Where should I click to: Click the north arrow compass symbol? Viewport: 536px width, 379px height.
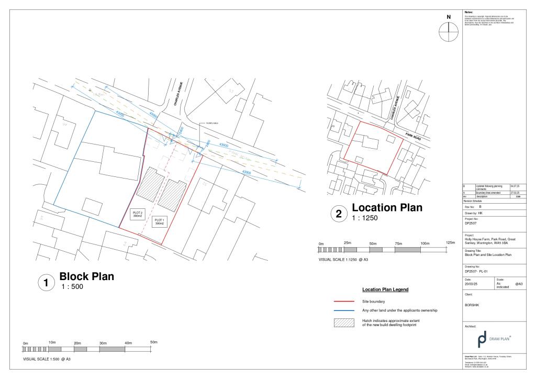[x=448, y=32]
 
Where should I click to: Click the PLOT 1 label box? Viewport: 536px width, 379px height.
[x=159, y=221]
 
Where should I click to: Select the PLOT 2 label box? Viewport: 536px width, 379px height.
[x=137, y=214]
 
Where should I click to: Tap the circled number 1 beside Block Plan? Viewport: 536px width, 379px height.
[x=46, y=283]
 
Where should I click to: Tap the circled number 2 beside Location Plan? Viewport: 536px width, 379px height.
[x=338, y=214]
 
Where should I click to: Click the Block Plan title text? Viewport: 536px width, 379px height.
[x=86, y=276]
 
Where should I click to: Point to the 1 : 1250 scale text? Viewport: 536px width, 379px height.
[x=364, y=218]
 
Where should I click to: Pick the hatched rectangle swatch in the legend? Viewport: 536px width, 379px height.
[x=344, y=322]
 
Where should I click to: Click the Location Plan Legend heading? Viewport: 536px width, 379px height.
[x=385, y=289]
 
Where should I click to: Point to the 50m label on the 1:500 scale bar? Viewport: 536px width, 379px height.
[x=153, y=342]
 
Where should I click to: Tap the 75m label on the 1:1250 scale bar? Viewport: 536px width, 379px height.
[x=399, y=244]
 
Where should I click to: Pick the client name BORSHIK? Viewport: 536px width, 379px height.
[x=472, y=304]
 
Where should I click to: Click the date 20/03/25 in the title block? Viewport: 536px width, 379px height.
[x=472, y=284]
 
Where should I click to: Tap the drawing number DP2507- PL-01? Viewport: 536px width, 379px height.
[x=476, y=272]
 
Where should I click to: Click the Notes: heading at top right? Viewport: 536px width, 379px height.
[x=469, y=12]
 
